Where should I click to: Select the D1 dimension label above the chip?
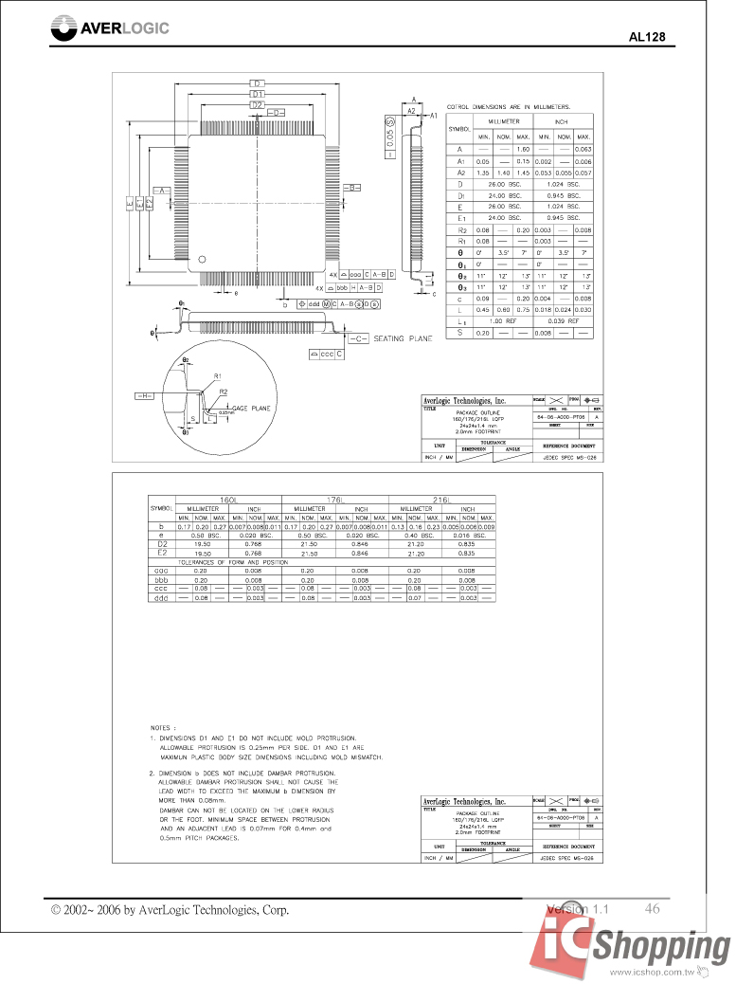257,94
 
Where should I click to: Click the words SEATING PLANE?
403,338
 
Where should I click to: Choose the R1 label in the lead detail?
218,375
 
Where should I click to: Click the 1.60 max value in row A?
522,150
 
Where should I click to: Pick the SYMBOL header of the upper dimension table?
459,128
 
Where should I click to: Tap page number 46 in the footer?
652,908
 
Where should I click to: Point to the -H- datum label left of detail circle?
145,394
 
